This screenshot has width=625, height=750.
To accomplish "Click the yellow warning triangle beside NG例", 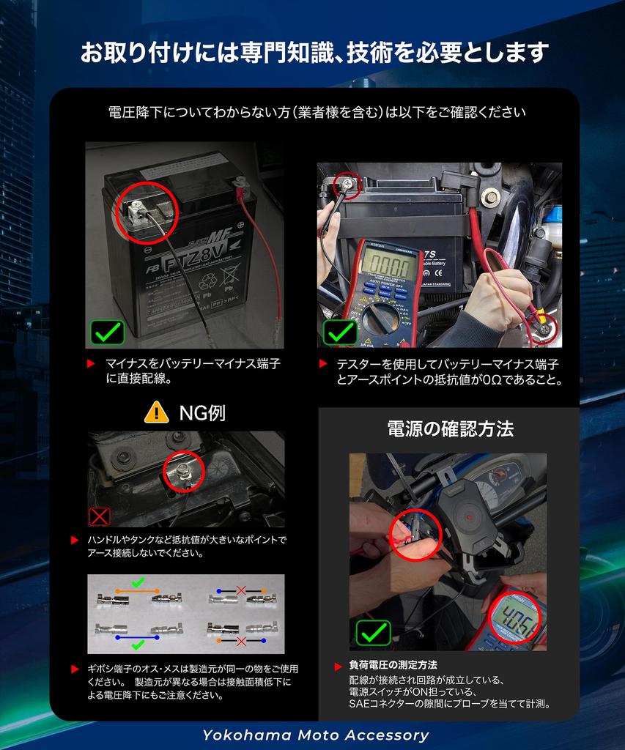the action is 157,412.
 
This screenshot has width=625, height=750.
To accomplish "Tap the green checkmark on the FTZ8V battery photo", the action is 107,333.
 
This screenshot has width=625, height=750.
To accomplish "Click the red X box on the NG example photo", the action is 100,516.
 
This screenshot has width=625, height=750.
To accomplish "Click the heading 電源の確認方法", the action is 450,429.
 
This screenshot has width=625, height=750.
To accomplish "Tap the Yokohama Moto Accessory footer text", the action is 315,735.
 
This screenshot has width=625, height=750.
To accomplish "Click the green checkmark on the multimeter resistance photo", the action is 340,333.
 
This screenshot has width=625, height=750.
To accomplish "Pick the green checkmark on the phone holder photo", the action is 373,633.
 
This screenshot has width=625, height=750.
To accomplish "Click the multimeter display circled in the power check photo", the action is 515,620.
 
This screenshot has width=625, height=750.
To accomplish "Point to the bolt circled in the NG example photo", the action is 184,471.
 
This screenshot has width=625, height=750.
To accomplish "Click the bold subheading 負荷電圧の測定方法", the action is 393,665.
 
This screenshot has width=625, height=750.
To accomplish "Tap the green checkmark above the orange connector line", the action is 138,582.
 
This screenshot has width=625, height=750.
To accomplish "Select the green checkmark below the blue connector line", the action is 138,645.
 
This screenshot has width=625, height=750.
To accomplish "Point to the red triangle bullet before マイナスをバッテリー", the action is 90,364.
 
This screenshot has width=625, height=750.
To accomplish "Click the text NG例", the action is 201,413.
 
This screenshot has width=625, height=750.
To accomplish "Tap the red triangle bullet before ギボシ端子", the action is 75,669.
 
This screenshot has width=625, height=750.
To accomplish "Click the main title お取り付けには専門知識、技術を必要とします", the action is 314,52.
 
